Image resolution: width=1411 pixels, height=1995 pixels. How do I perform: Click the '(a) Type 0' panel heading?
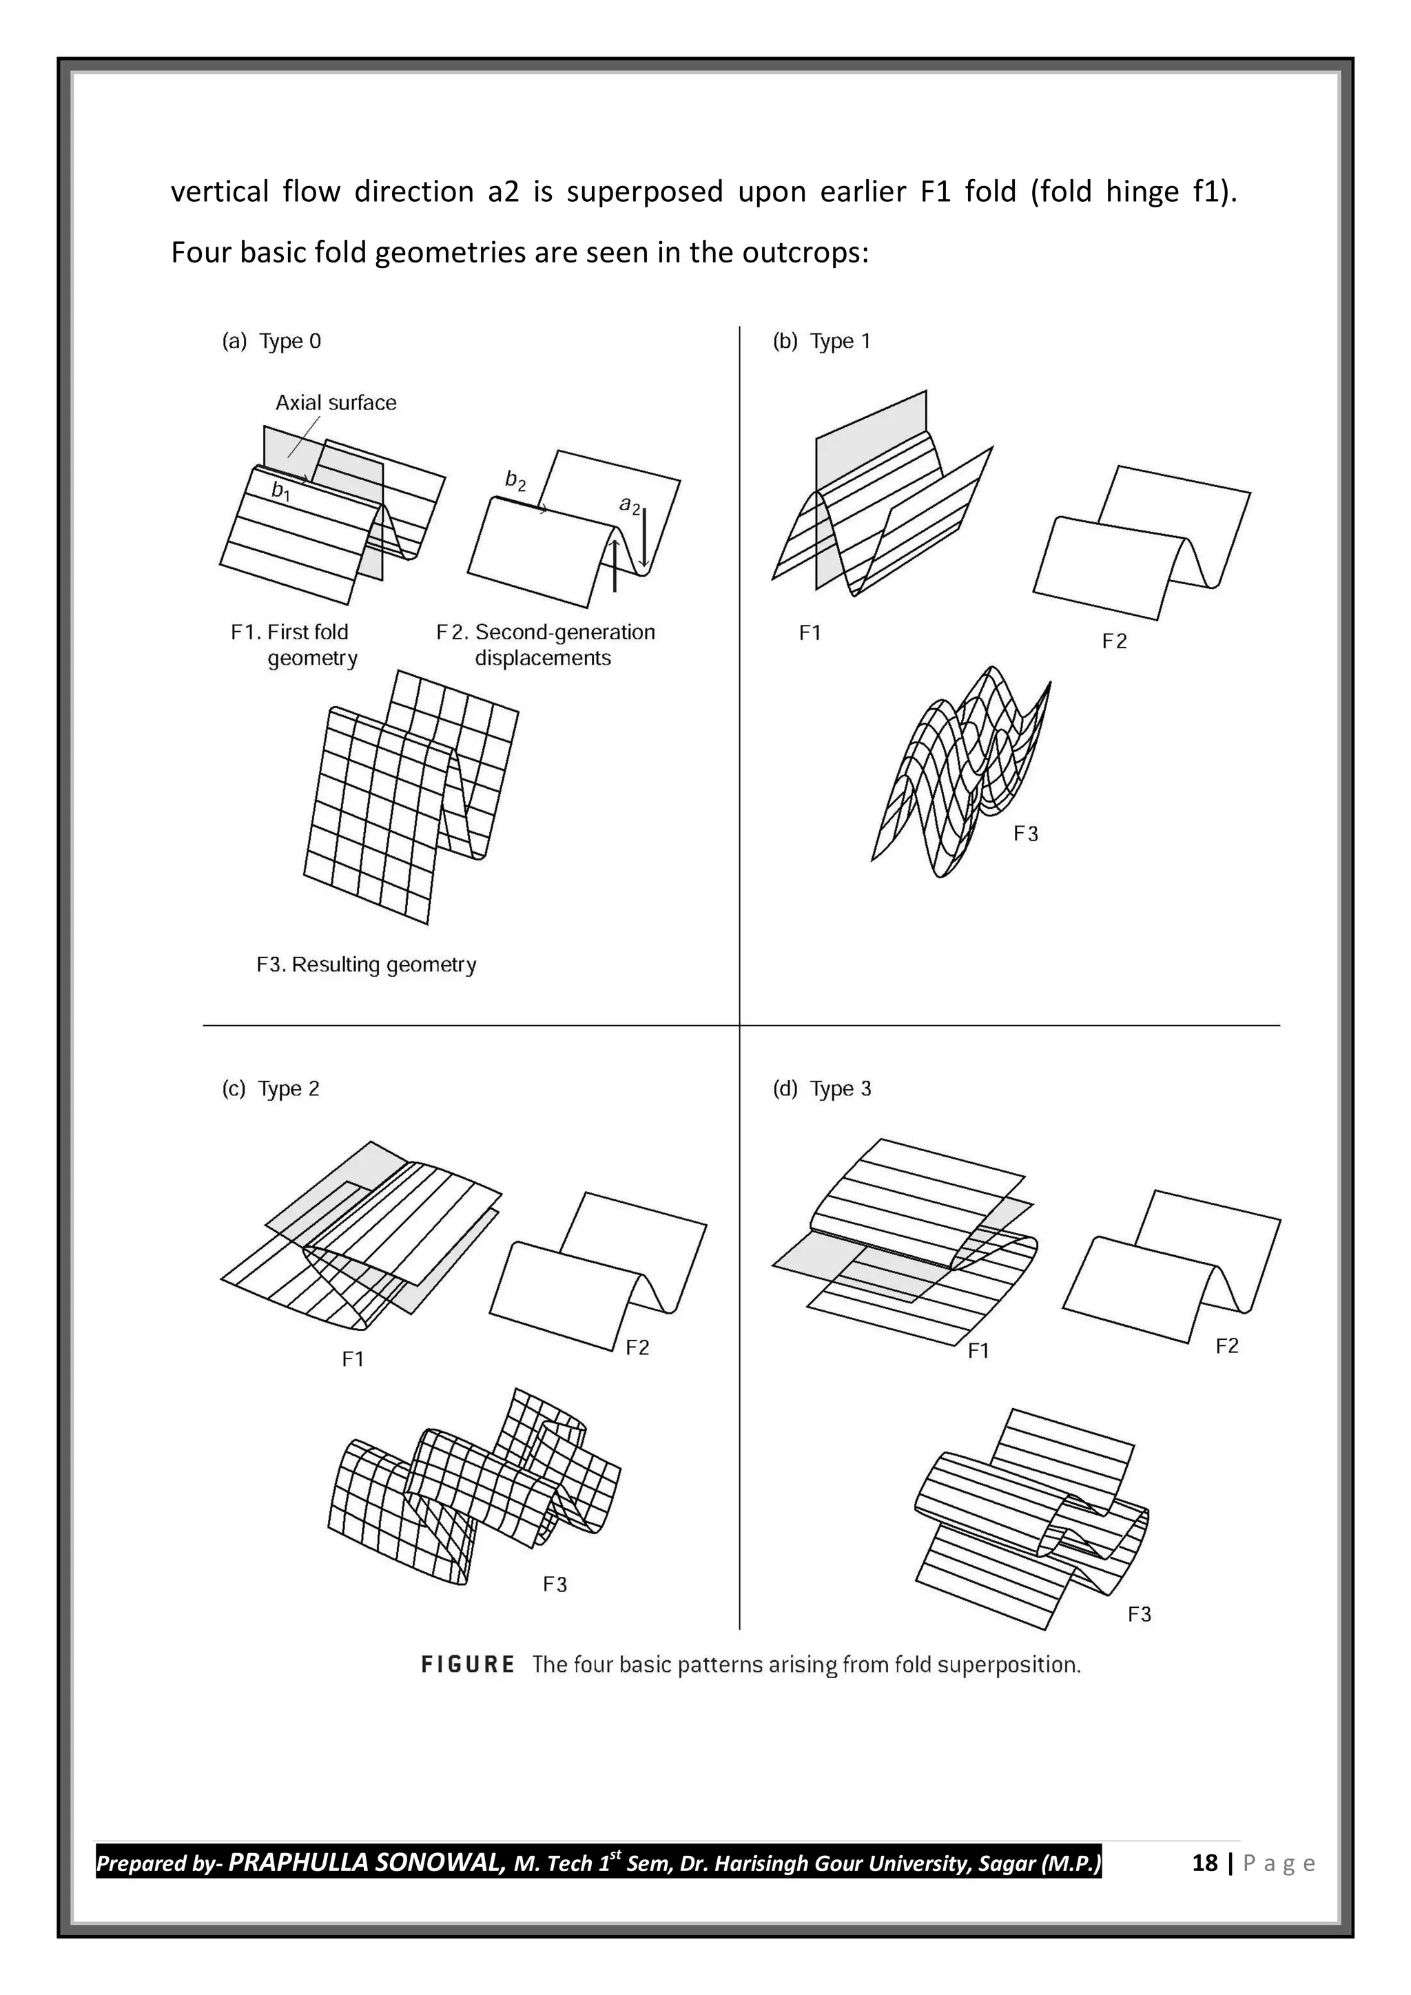click(x=271, y=342)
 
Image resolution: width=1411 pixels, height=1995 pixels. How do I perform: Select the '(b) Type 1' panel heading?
click(x=821, y=342)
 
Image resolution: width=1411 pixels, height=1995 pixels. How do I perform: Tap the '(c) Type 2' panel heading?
click(x=270, y=1088)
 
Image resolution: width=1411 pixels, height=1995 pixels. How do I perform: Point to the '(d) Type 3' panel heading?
click(x=821, y=1088)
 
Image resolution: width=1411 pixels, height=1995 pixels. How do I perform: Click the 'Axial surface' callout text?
click(x=336, y=402)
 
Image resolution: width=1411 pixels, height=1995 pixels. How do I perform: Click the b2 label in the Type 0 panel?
click(x=515, y=479)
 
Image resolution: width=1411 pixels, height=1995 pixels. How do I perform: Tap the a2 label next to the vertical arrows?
click(x=629, y=505)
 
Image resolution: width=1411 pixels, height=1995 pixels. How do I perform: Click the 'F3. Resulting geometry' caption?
click(x=366, y=964)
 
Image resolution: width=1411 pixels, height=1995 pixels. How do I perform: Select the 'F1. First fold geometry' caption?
click(x=293, y=645)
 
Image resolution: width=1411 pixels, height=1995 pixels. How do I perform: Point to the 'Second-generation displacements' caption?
click(x=546, y=645)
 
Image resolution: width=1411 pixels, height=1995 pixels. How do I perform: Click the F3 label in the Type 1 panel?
click(x=1025, y=834)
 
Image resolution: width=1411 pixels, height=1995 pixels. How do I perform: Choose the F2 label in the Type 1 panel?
click(x=1114, y=641)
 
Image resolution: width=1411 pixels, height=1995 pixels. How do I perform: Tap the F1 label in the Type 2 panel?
click(x=353, y=1359)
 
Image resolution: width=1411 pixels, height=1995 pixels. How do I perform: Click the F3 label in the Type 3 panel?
click(x=1139, y=1615)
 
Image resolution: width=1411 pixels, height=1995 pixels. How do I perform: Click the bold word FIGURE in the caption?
click(x=467, y=1665)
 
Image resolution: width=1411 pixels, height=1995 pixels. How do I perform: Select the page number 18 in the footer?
click(x=1204, y=1863)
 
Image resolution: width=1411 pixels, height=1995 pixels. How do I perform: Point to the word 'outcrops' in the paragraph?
click(x=805, y=253)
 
